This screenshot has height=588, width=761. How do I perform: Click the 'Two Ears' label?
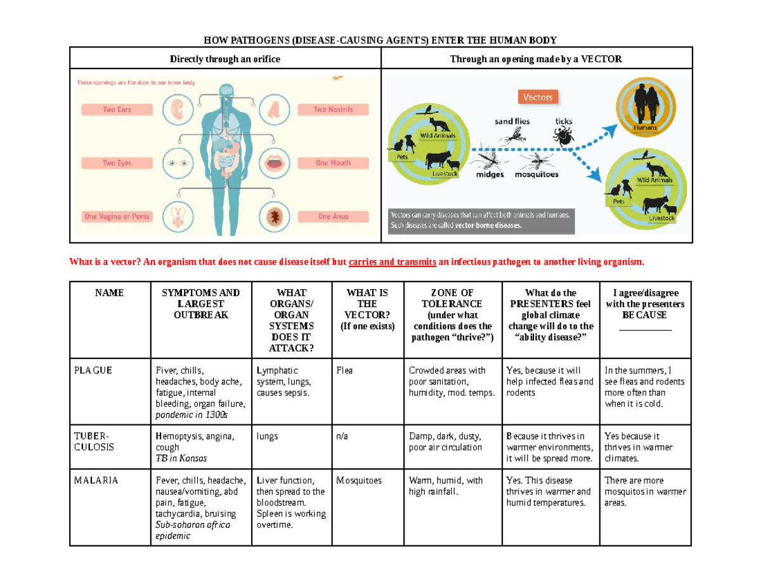117,110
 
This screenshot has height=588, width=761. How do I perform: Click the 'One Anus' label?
332,216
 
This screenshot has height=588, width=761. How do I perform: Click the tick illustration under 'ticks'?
561,134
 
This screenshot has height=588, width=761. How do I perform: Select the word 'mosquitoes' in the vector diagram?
537,174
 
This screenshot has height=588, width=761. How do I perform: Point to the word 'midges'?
490,174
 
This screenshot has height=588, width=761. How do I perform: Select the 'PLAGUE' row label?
94,370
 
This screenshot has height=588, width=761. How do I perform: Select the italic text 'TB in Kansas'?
181,458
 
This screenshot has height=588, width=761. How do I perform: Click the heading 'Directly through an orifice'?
224,59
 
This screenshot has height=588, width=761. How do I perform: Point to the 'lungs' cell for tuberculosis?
268,436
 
